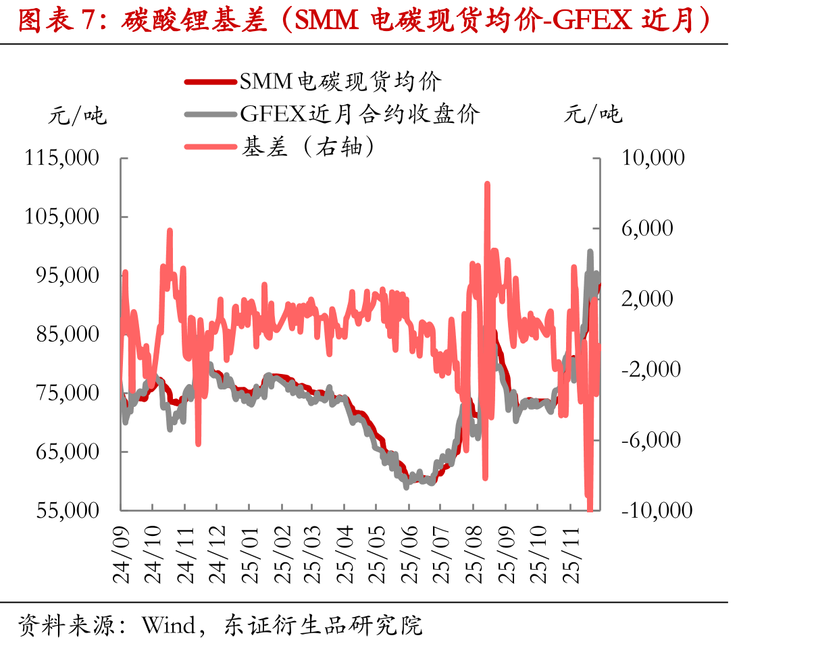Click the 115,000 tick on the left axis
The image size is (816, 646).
click(x=61, y=157)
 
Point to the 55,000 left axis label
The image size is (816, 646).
click(x=68, y=510)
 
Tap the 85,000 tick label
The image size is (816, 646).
click(x=68, y=334)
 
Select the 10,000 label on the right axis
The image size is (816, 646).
click(x=653, y=157)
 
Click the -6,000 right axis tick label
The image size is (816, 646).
click(x=651, y=440)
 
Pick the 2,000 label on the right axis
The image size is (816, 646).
click(x=647, y=298)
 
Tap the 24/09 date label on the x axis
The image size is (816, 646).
click(x=122, y=555)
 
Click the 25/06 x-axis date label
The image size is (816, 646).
click(x=409, y=555)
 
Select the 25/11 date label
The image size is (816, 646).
click(x=571, y=555)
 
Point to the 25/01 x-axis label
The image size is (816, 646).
click(x=249, y=555)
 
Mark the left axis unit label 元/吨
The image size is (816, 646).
click(x=78, y=115)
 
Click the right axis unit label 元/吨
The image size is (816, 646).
click(x=593, y=113)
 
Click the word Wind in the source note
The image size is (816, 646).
click(x=168, y=625)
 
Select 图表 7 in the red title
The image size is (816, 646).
click(x=56, y=20)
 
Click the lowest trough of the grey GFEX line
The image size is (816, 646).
click(x=406, y=487)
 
